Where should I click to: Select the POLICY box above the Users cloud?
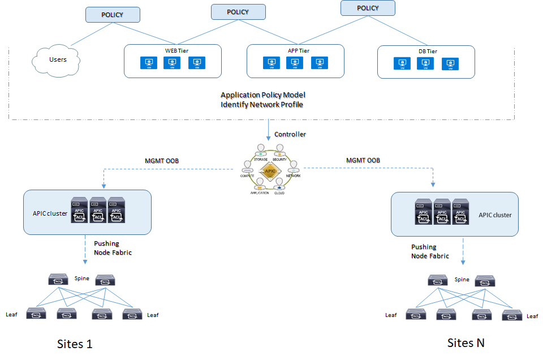click(x=112, y=15)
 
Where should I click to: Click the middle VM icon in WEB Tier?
click(x=173, y=63)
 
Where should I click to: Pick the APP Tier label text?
click(x=296, y=50)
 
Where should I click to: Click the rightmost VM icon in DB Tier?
click(x=450, y=64)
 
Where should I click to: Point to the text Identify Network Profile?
click(x=262, y=105)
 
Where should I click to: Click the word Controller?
click(x=290, y=134)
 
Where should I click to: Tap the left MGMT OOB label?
click(x=162, y=161)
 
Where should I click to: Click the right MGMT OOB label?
click(x=363, y=161)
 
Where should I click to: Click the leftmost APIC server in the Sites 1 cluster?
click(x=80, y=210)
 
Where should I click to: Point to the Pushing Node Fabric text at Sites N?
click(x=430, y=251)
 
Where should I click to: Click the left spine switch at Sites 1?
click(x=58, y=279)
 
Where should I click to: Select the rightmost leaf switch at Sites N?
click(x=512, y=315)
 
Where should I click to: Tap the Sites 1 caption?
click(x=75, y=344)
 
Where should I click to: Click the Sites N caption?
click(x=466, y=342)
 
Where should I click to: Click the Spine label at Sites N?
click(x=462, y=280)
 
